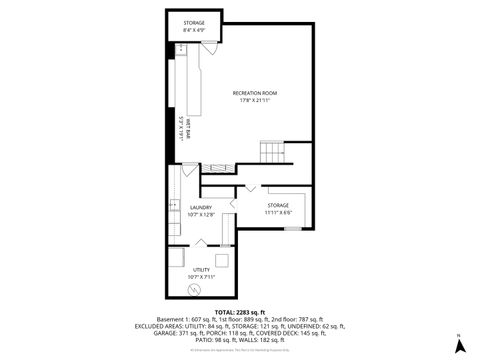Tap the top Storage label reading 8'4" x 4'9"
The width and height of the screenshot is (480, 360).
tap(193, 22)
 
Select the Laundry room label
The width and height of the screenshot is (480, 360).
tap(201, 207)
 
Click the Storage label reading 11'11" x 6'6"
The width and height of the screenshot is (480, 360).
tap(277, 205)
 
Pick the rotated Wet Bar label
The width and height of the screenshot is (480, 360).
tap(188, 131)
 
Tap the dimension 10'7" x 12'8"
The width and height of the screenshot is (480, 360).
tap(201, 214)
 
